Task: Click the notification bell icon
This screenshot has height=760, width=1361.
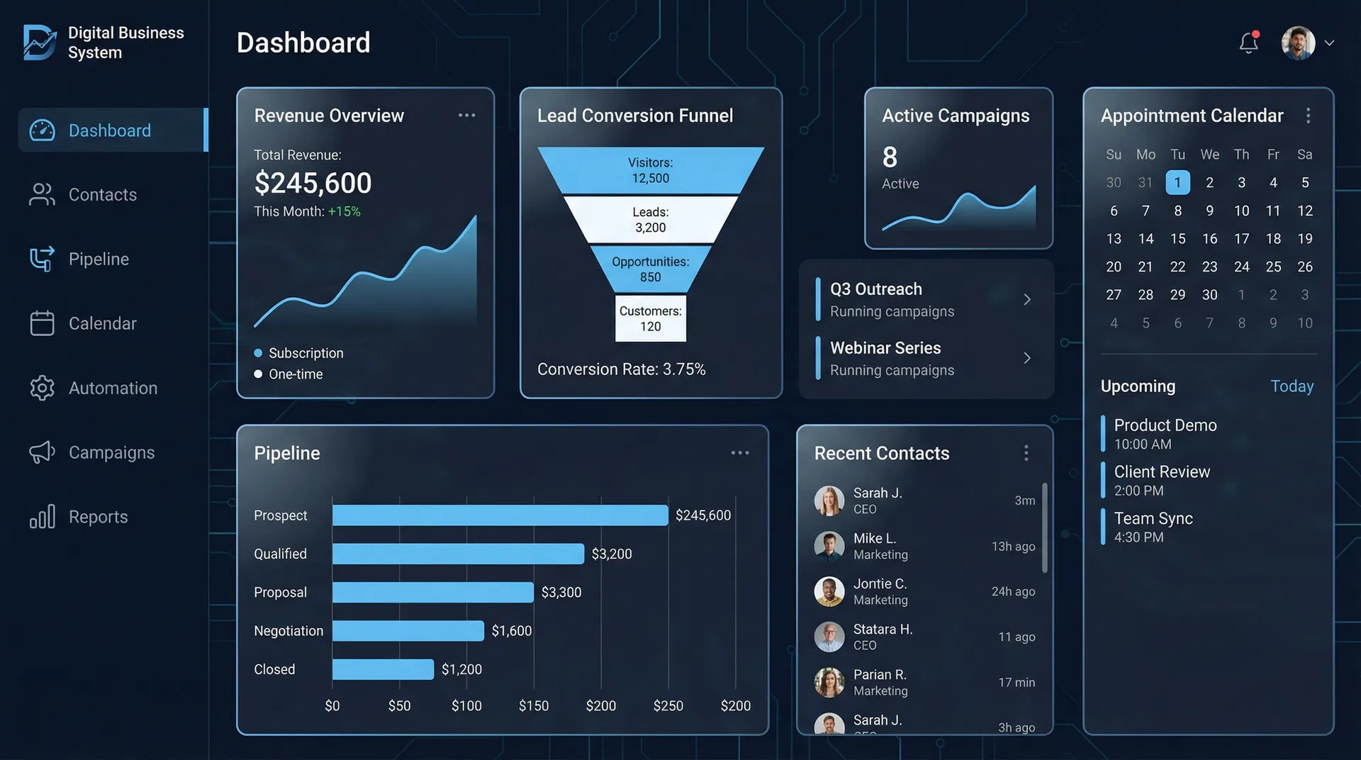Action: pyautogui.click(x=1248, y=43)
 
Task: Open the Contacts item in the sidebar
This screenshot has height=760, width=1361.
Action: pyautogui.click(x=102, y=195)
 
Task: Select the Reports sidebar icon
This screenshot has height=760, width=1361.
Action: pyautogui.click(x=42, y=517)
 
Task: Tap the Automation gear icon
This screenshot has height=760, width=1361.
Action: pyautogui.click(x=42, y=388)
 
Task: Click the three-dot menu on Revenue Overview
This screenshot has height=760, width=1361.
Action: pyautogui.click(x=466, y=116)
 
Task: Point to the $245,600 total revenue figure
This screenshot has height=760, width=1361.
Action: pyautogui.click(x=313, y=184)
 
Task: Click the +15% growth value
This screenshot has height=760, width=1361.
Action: pyautogui.click(x=344, y=212)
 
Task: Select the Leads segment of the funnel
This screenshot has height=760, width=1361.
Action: pyautogui.click(x=650, y=220)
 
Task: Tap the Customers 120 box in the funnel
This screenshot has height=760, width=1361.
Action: pyautogui.click(x=650, y=318)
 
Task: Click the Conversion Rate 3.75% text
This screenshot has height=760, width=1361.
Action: pyautogui.click(x=621, y=369)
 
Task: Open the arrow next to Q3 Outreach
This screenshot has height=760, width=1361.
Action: pyautogui.click(x=1026, y=300)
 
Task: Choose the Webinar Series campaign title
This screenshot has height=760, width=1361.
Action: pyautogui.click(x=885, y=348)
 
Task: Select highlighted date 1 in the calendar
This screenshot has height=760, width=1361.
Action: pyautogui.click(x=1177, y=183)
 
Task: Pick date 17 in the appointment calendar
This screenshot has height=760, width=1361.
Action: pyautogui.click(x=1241, y=239)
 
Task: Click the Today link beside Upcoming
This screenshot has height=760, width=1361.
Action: pyautogui.click(x=1292, y=386)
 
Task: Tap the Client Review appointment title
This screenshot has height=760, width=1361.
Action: pyautogui.click(x=1162, y=472)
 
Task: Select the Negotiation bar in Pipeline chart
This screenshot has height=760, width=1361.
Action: pyautogui.click(x=408, y=631)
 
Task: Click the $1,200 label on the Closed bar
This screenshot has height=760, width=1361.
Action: pyautogui.click(x=461, y=670)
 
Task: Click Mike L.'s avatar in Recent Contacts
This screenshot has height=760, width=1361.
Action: pyautogui.click(x=829, y=546)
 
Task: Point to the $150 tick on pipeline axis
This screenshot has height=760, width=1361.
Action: pyautogui.click(x=533, y=706)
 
